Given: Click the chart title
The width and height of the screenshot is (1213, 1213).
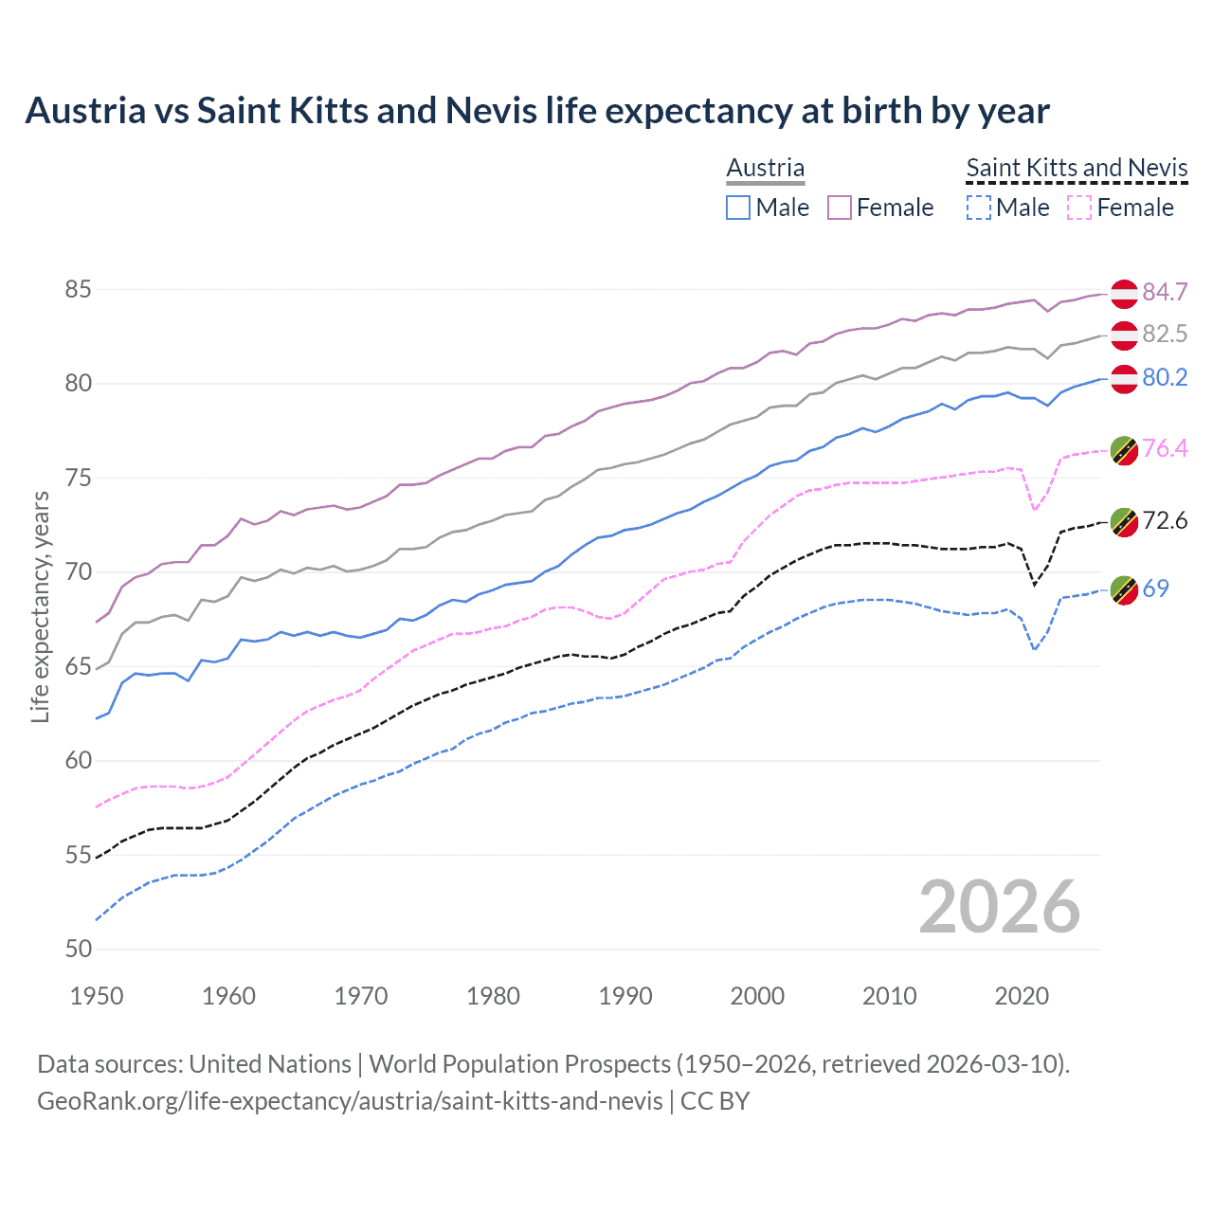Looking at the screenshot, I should [536, 111].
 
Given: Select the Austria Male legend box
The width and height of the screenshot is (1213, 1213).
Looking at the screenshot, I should [738, 208].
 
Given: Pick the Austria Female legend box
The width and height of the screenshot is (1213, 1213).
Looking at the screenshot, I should [840, 208].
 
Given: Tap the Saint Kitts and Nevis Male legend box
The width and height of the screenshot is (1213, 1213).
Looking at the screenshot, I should [978, 208].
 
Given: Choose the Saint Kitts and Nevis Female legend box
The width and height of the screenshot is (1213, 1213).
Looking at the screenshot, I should [1079, 208].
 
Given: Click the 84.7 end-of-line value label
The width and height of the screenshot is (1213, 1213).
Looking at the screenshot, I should [1165, 292].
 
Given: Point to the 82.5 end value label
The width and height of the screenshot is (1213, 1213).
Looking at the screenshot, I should [1165, 334].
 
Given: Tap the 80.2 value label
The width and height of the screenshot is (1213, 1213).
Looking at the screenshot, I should [1165, 377].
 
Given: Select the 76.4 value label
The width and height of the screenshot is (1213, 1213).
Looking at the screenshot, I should [1165, 448].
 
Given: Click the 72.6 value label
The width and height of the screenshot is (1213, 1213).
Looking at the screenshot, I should [1165, 520].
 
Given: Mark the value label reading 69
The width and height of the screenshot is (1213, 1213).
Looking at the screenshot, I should [1155, 588].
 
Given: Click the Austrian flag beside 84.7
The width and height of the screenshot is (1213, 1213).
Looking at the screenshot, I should [1124, 294].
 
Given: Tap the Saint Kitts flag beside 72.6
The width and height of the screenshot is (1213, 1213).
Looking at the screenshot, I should [1124, 521].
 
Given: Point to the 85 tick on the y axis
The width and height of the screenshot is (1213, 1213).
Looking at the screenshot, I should [78, 289].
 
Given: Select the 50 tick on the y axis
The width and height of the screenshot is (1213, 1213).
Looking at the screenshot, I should [78, 949].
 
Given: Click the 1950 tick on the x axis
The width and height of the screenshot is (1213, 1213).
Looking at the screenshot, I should [97, 996].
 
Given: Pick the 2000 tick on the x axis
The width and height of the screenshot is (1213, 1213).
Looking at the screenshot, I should [757, 996].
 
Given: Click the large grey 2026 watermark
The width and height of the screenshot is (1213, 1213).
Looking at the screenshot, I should [1000, 907].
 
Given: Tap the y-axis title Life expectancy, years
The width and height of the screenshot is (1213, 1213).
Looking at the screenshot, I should [40, 606].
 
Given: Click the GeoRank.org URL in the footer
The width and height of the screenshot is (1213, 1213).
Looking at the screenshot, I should [350, 1101].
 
